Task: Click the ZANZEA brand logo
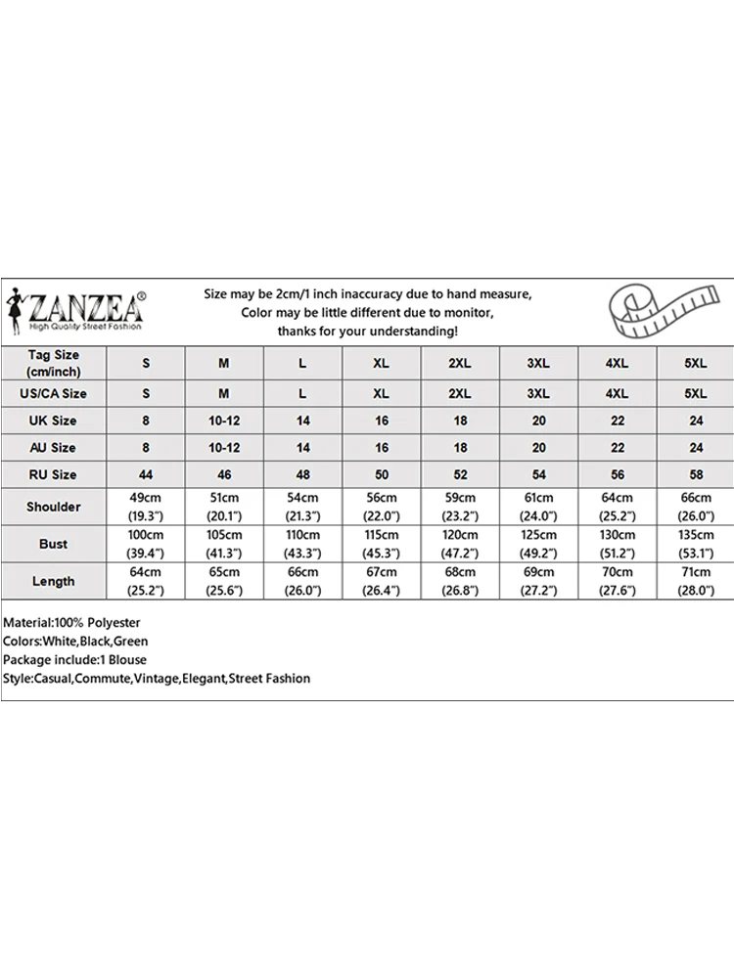pos(75,309)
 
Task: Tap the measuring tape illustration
pos(653,309)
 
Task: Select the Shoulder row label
pos(54,507)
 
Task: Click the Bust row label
pos(54,544)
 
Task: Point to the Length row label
pos(54,581)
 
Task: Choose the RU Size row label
pos(54,474)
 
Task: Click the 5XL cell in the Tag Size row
pos(695,363)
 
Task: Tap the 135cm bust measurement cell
pos(695,544)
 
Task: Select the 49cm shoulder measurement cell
pos(146,507)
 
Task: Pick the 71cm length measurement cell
pos(695,581)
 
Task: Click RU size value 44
pos(146,474)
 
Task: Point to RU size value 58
pos(695,474)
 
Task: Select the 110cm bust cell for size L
pos(302,544)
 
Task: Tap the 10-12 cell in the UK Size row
pos(224,421)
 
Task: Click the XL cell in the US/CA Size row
pos(381,394)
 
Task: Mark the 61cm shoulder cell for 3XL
pos(537,507)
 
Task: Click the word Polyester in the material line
pos(115,623)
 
